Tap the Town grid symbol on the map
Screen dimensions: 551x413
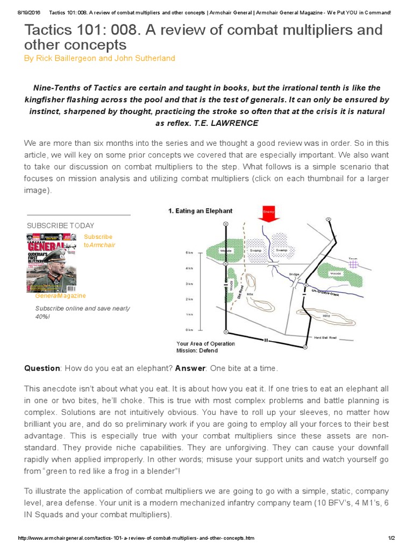point(353,264)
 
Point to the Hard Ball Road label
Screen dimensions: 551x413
point(325,337)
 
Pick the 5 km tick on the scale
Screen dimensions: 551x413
point(189,252)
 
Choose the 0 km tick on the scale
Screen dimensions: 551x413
point(189,330)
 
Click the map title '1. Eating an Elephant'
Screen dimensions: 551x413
point(200,211)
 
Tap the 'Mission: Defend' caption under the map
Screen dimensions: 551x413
point(197,351)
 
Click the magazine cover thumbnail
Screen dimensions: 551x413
point(52,262)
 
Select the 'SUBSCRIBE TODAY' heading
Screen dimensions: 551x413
point(60,225)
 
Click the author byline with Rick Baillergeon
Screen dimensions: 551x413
point(99,58)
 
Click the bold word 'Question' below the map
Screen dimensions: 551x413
point(42,368)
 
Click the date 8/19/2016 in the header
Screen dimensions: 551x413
point(29,12)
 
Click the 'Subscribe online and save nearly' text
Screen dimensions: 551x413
point(82,308)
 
